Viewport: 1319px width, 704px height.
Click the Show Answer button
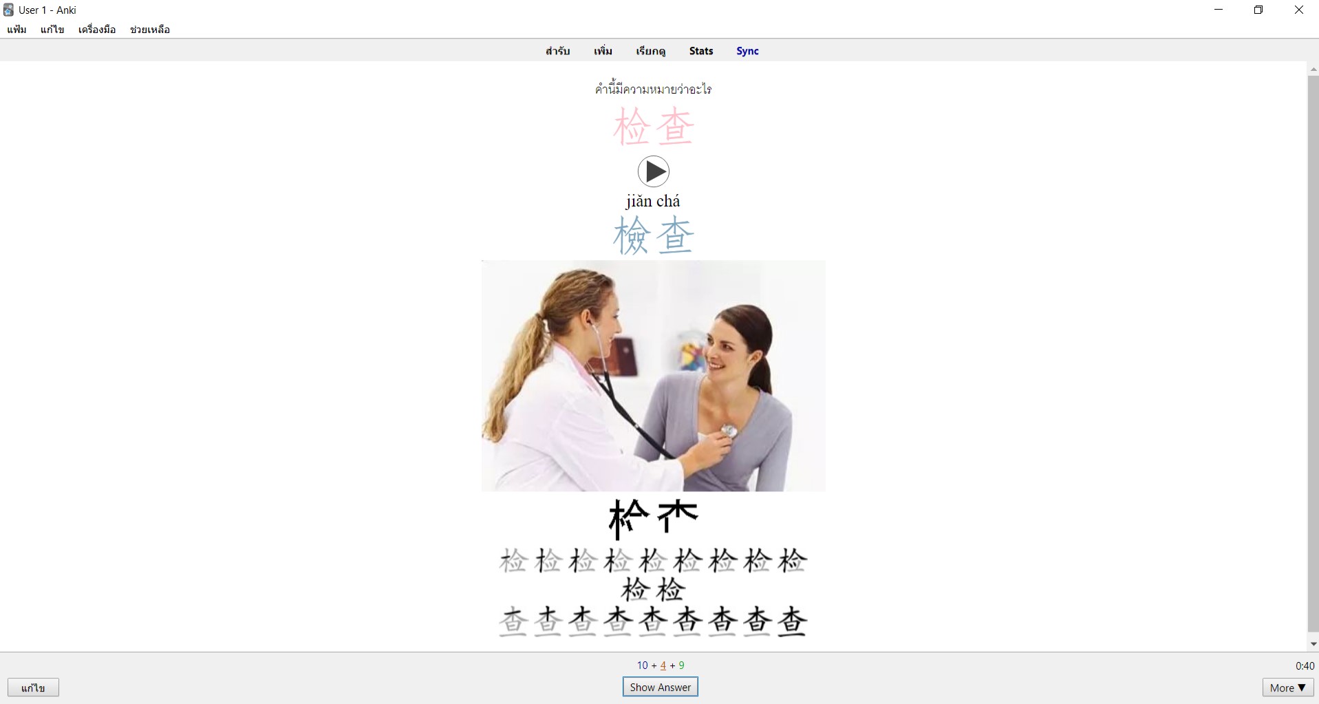[x=660, y=687]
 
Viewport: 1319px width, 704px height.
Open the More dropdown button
[x=1287, y=687]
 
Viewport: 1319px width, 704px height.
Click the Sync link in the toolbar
[x=747, y=51]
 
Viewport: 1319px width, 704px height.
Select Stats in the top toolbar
[x=701, y=51]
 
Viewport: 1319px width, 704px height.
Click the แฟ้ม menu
[x=17, y=30]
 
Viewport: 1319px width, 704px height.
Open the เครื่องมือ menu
[x=97, y=30]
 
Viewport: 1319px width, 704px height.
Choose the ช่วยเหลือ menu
[x=150, y=30]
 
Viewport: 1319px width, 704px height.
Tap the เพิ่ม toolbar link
[x=603, y=51]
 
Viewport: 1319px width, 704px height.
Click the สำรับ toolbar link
[x=557, y=51]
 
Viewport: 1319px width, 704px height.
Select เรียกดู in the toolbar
[x=650, y=51]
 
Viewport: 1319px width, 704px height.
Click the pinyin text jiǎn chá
[x=653, y=201]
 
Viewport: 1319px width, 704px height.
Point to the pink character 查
[x=675, y=127]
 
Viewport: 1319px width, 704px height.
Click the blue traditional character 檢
[x=632, y=235]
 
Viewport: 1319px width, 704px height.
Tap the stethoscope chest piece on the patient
[x=729, y=432]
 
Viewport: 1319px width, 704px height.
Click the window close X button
[x=1298, y=10]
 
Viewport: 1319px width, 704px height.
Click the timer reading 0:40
[x=1305, y=665]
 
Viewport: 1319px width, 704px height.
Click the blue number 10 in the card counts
[x=643, y=665]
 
